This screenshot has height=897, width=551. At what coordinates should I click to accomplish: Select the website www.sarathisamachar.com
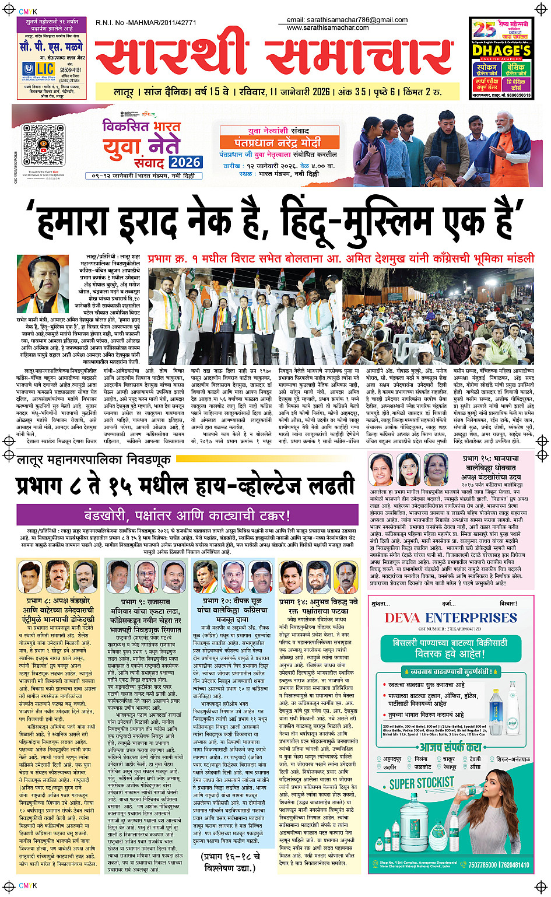pos(328,27)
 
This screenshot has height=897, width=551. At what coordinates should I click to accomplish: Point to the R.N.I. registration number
pos(146,23)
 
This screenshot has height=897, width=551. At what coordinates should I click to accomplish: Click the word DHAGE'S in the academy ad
pos(500,51)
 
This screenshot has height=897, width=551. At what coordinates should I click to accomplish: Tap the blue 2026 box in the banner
pos(185,162)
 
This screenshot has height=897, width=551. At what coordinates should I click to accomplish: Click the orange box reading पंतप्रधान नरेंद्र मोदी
pos(278,142)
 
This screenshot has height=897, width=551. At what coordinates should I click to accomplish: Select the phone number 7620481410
pos(514,865)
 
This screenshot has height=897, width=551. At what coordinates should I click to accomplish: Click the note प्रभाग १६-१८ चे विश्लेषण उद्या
pos(231,862)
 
